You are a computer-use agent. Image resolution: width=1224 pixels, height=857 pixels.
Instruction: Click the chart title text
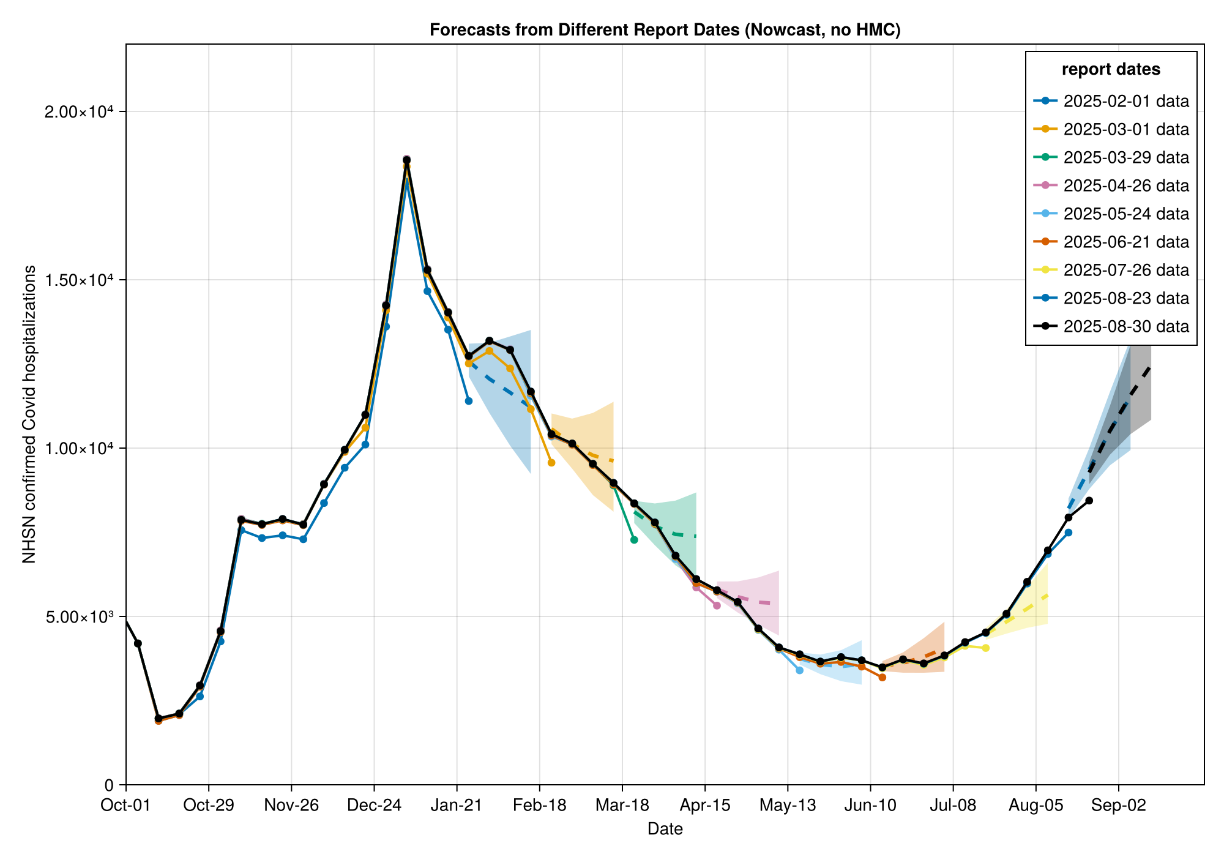click(665, 30)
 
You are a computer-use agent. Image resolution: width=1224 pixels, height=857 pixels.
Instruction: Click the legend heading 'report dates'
click(1111, 70)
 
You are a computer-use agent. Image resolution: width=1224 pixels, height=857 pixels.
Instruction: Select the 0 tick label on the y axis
click(110, 785)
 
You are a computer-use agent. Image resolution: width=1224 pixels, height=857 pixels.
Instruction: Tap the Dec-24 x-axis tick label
click(374, 806)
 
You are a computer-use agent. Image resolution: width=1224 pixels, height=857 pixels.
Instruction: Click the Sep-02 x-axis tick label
click(1118, 806)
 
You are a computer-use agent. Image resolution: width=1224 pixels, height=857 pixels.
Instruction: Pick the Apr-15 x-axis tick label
click(704, 806)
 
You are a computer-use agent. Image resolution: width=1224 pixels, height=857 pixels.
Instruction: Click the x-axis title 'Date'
click(665, 829)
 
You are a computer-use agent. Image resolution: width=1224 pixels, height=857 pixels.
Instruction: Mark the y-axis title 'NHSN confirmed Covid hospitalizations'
click(29, 414)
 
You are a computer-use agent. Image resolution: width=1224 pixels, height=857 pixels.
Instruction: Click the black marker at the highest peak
click(406, 160)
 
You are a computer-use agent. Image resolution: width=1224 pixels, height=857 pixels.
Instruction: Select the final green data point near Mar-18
click(634, 540)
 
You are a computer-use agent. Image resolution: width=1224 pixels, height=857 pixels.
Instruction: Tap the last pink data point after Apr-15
click(717, 605)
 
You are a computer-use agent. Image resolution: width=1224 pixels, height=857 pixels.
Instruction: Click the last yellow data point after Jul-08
click(985, 648)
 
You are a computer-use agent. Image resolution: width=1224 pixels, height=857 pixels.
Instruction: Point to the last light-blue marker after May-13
click(799, 670)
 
